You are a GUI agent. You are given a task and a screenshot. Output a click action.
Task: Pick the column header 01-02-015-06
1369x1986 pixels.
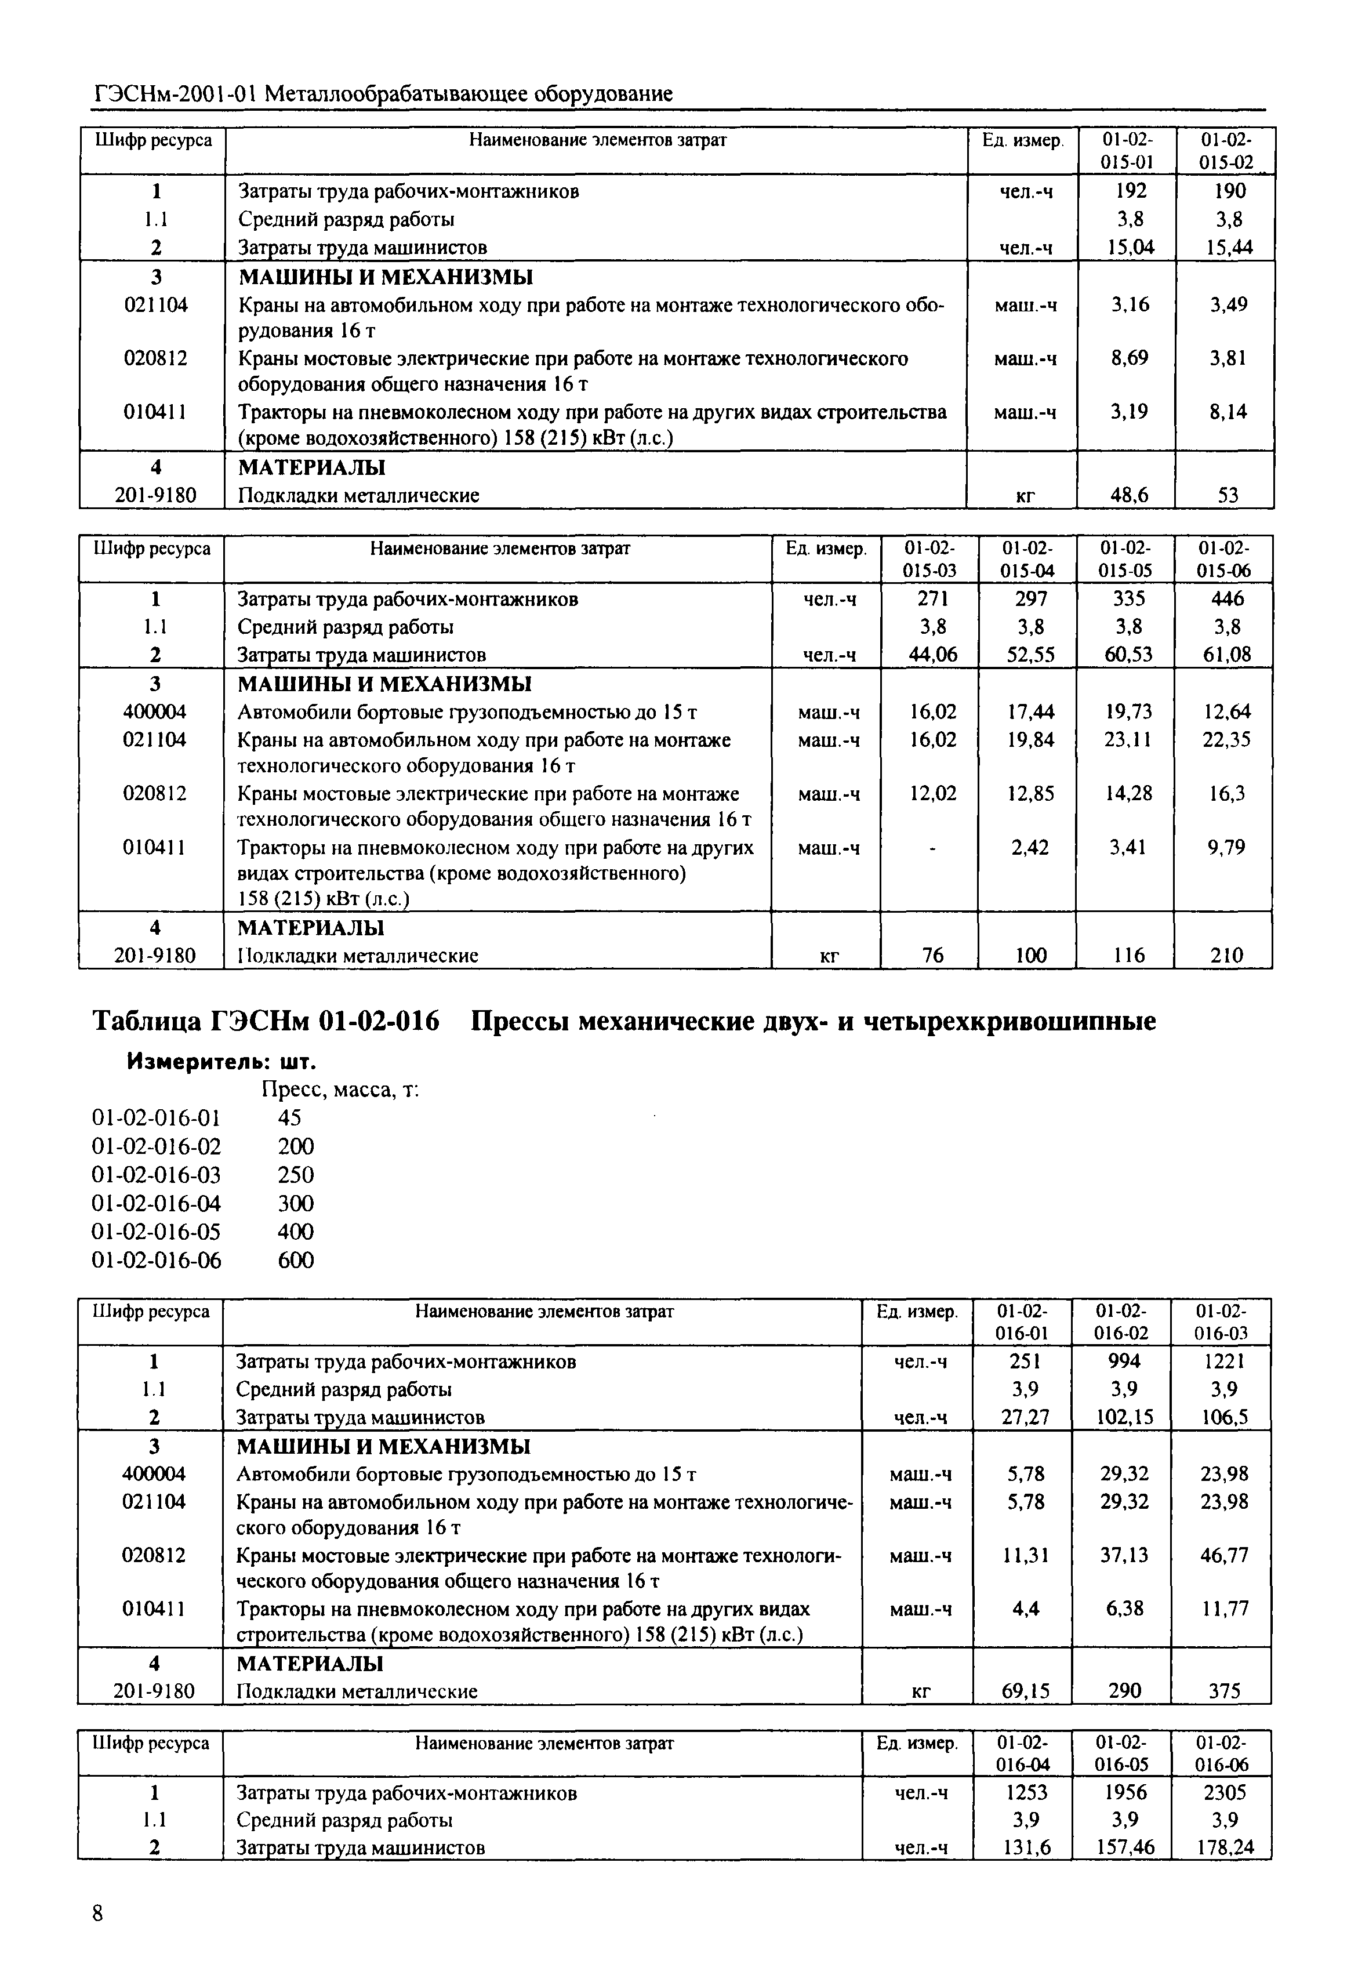pyautogui.click(x=1224, y=560)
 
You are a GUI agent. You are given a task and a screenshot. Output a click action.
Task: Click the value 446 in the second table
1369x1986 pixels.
pyautogui.click(x=1226, y=599)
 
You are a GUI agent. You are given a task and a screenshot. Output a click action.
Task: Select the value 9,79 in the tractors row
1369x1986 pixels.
pyautogui.click(x=1226, y=848)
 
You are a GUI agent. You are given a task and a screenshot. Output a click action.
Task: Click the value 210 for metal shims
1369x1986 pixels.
pyautogui.click(x=1226, y=955)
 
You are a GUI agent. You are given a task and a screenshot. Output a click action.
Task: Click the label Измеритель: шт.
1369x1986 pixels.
pyautogui.click(x=221, y=1062)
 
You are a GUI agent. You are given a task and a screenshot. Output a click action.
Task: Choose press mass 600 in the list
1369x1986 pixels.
pyautogui.click(x=296, y=1260)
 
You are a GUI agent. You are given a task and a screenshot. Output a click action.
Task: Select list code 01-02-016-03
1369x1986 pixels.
pyautogui.click(x=155, y=1174)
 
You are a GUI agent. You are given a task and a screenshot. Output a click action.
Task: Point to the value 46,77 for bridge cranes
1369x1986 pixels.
pyautogui.click(x=1224, y=1555)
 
